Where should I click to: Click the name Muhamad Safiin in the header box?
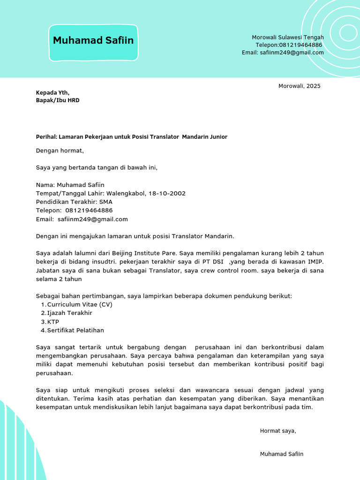tap(93, 41)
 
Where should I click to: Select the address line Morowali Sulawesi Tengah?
tap(287, 37)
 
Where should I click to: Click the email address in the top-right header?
tap(292, 52)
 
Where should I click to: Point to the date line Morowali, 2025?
tap(299, 86)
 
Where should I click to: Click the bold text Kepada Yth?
tap(52, 93)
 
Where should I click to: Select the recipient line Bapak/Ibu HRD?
tap(58, 100)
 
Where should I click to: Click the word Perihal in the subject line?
tap(46, 137)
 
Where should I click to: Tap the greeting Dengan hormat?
tap(60, 150)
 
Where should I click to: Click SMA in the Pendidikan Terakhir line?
tap(106, 202)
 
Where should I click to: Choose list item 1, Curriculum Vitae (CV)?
tap(80, 305)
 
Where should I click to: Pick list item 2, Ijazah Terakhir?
tap(69, 313)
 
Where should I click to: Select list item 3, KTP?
tap(53, 322)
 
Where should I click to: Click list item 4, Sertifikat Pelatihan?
tap(75, 330)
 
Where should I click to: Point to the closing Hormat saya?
tap(278, 431)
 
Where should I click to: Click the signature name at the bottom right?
tap(281, 454)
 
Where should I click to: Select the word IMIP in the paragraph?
tap(315, 262)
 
